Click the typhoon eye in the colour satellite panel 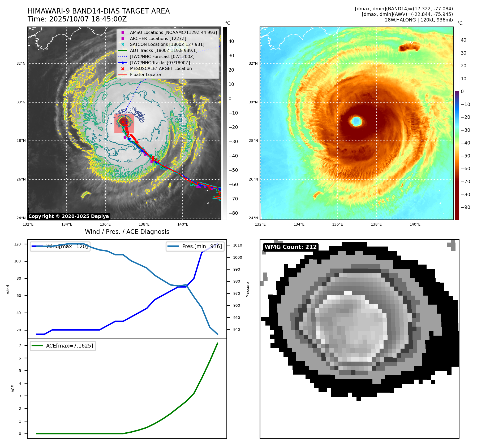[356, 121]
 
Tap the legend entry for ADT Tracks [164, 50]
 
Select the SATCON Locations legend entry [167, 44]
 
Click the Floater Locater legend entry [145, 74]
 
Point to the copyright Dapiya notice [68, 216]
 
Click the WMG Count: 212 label [291, 247]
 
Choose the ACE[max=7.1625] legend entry [70, 346]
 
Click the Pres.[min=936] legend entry [202, 246]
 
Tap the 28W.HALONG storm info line [419, 20]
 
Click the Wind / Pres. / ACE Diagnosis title [127, 232]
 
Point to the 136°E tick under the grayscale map [105, 225]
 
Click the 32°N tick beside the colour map [253, 64]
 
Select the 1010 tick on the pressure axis [238, 245]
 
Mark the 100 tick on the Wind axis [18, 261]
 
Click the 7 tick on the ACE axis [20, 345]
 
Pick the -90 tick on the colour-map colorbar [465, 207]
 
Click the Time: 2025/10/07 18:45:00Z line [77, 19]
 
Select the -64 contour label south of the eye [128, 161]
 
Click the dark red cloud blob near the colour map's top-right [409, 47]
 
